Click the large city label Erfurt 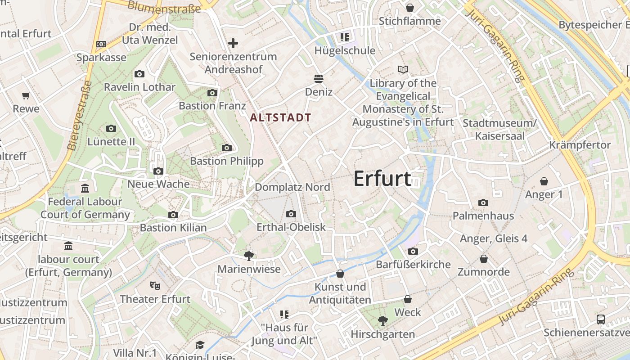(382, 179)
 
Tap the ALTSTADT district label (280, 118)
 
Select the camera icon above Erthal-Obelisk (291, 214)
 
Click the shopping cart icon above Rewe (26, 95)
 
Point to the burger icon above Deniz (319, 79)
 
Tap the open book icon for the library (403, 70)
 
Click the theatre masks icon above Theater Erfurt (155, 285)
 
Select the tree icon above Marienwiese (248, 256)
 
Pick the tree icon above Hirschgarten (383, 321)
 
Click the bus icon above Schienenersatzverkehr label (601, 319)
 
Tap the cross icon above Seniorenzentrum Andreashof (233, 43)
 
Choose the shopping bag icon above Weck (408, 299)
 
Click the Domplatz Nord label (292, 187)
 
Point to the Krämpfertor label (580, 145)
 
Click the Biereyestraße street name (79, 115)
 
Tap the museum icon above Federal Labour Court (85, 188)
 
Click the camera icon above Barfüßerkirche (413, 251)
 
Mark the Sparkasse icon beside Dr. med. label (101, 44)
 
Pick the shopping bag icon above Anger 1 (544, 181)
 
